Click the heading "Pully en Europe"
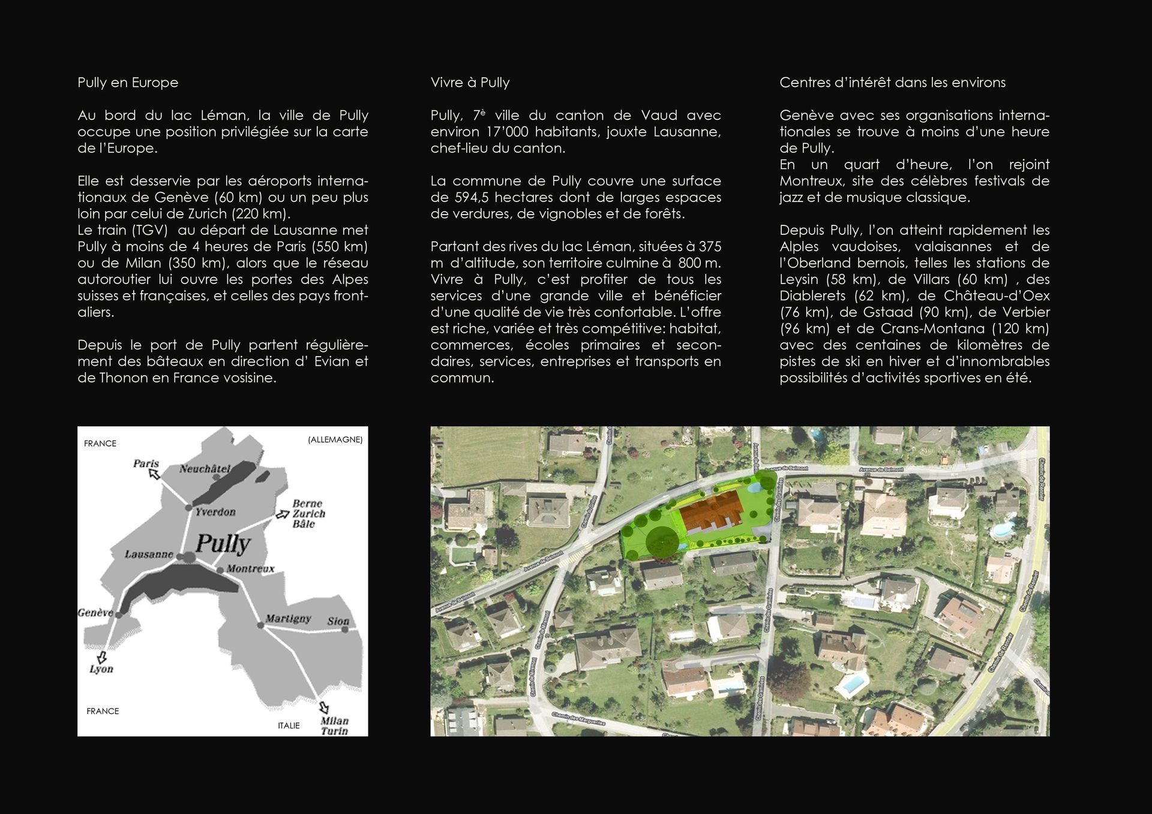[128, 83]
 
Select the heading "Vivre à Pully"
[470, 83]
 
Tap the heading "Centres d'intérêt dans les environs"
[892, 83]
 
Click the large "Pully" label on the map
[223, 543]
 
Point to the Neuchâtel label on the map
[205, 469]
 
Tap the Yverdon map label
[215, 512]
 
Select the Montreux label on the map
[251, 568]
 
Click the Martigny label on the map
[288, 618]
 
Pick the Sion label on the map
[338, 621]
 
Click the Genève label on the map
[95, 613]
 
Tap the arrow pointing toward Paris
[154, 474]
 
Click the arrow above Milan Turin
[324, 707]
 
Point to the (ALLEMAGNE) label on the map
[335, 439]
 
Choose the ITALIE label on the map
[289, 725]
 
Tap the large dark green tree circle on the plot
[662, 542]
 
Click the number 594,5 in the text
[470, 197]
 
